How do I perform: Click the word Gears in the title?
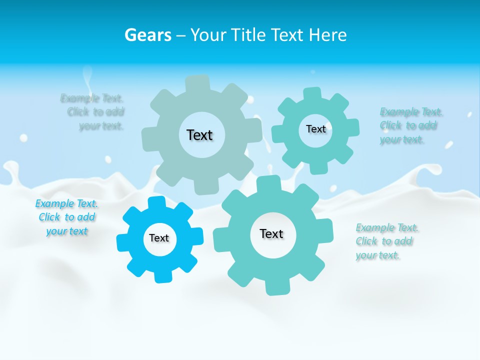(x=147, y=35)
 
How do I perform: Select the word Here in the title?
(x=327, y=35)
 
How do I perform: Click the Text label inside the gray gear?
(x=199, y=135)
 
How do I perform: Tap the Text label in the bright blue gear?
(x=159, y=238)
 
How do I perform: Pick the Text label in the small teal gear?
(x=315, y=129)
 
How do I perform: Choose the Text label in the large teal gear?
(x=271, y=233)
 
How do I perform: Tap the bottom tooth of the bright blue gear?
(x=162, y=275)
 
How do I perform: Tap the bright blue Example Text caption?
(x=66, y=217)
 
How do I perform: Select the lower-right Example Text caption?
(x=386, y=241)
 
